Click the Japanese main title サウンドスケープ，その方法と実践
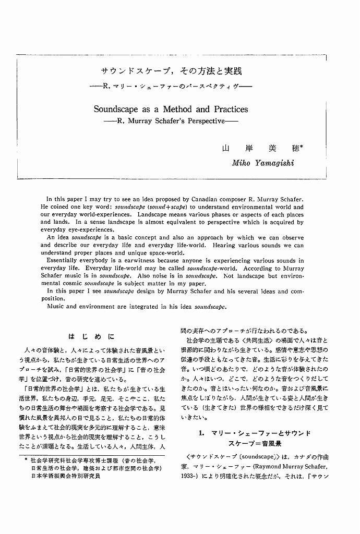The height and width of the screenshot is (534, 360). (171, 71)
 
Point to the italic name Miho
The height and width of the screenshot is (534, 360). (241, 163)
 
